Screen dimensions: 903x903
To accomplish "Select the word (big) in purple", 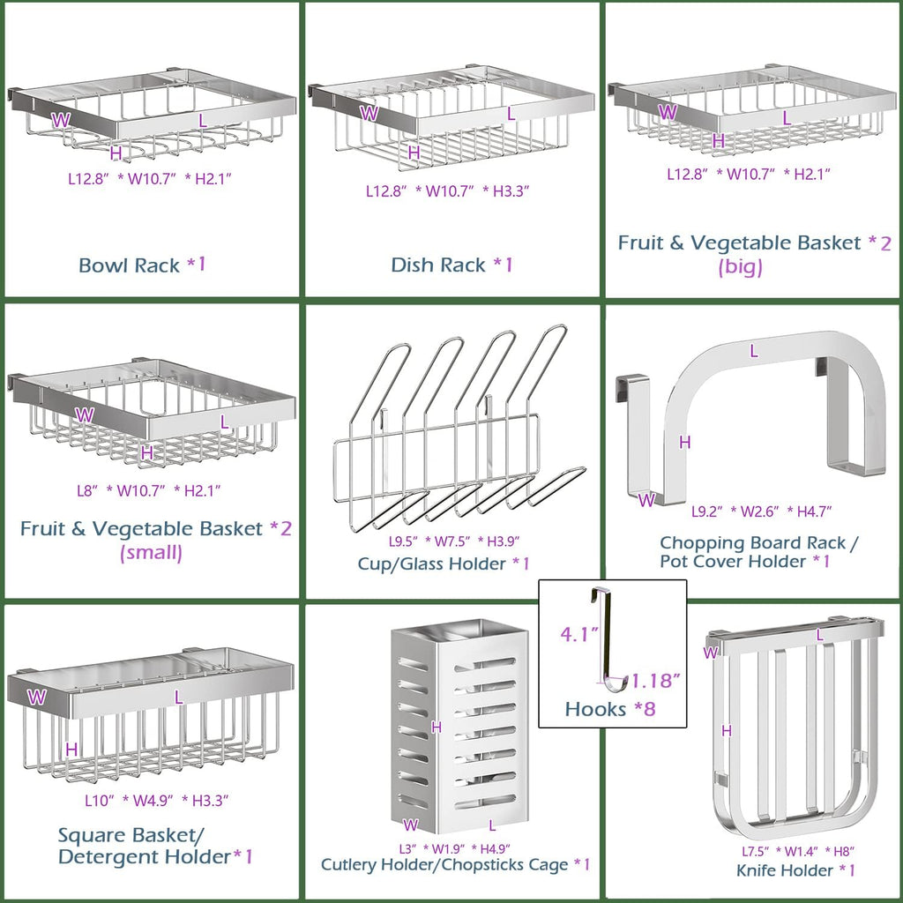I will (x=741, y=267).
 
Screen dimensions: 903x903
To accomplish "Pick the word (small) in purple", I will (x=151, y=553).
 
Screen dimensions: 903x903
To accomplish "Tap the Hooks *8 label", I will (x=610, y=708).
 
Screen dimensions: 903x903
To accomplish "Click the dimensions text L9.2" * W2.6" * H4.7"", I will (x=762, y=511).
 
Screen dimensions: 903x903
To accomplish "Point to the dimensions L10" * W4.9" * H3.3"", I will (x=157, y=801).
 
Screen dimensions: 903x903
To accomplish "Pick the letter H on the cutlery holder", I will (x=436, y=727).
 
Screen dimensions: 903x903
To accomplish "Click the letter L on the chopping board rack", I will (x=753, y=351).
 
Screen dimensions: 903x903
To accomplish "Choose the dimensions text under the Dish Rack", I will (x=448, y=190).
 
